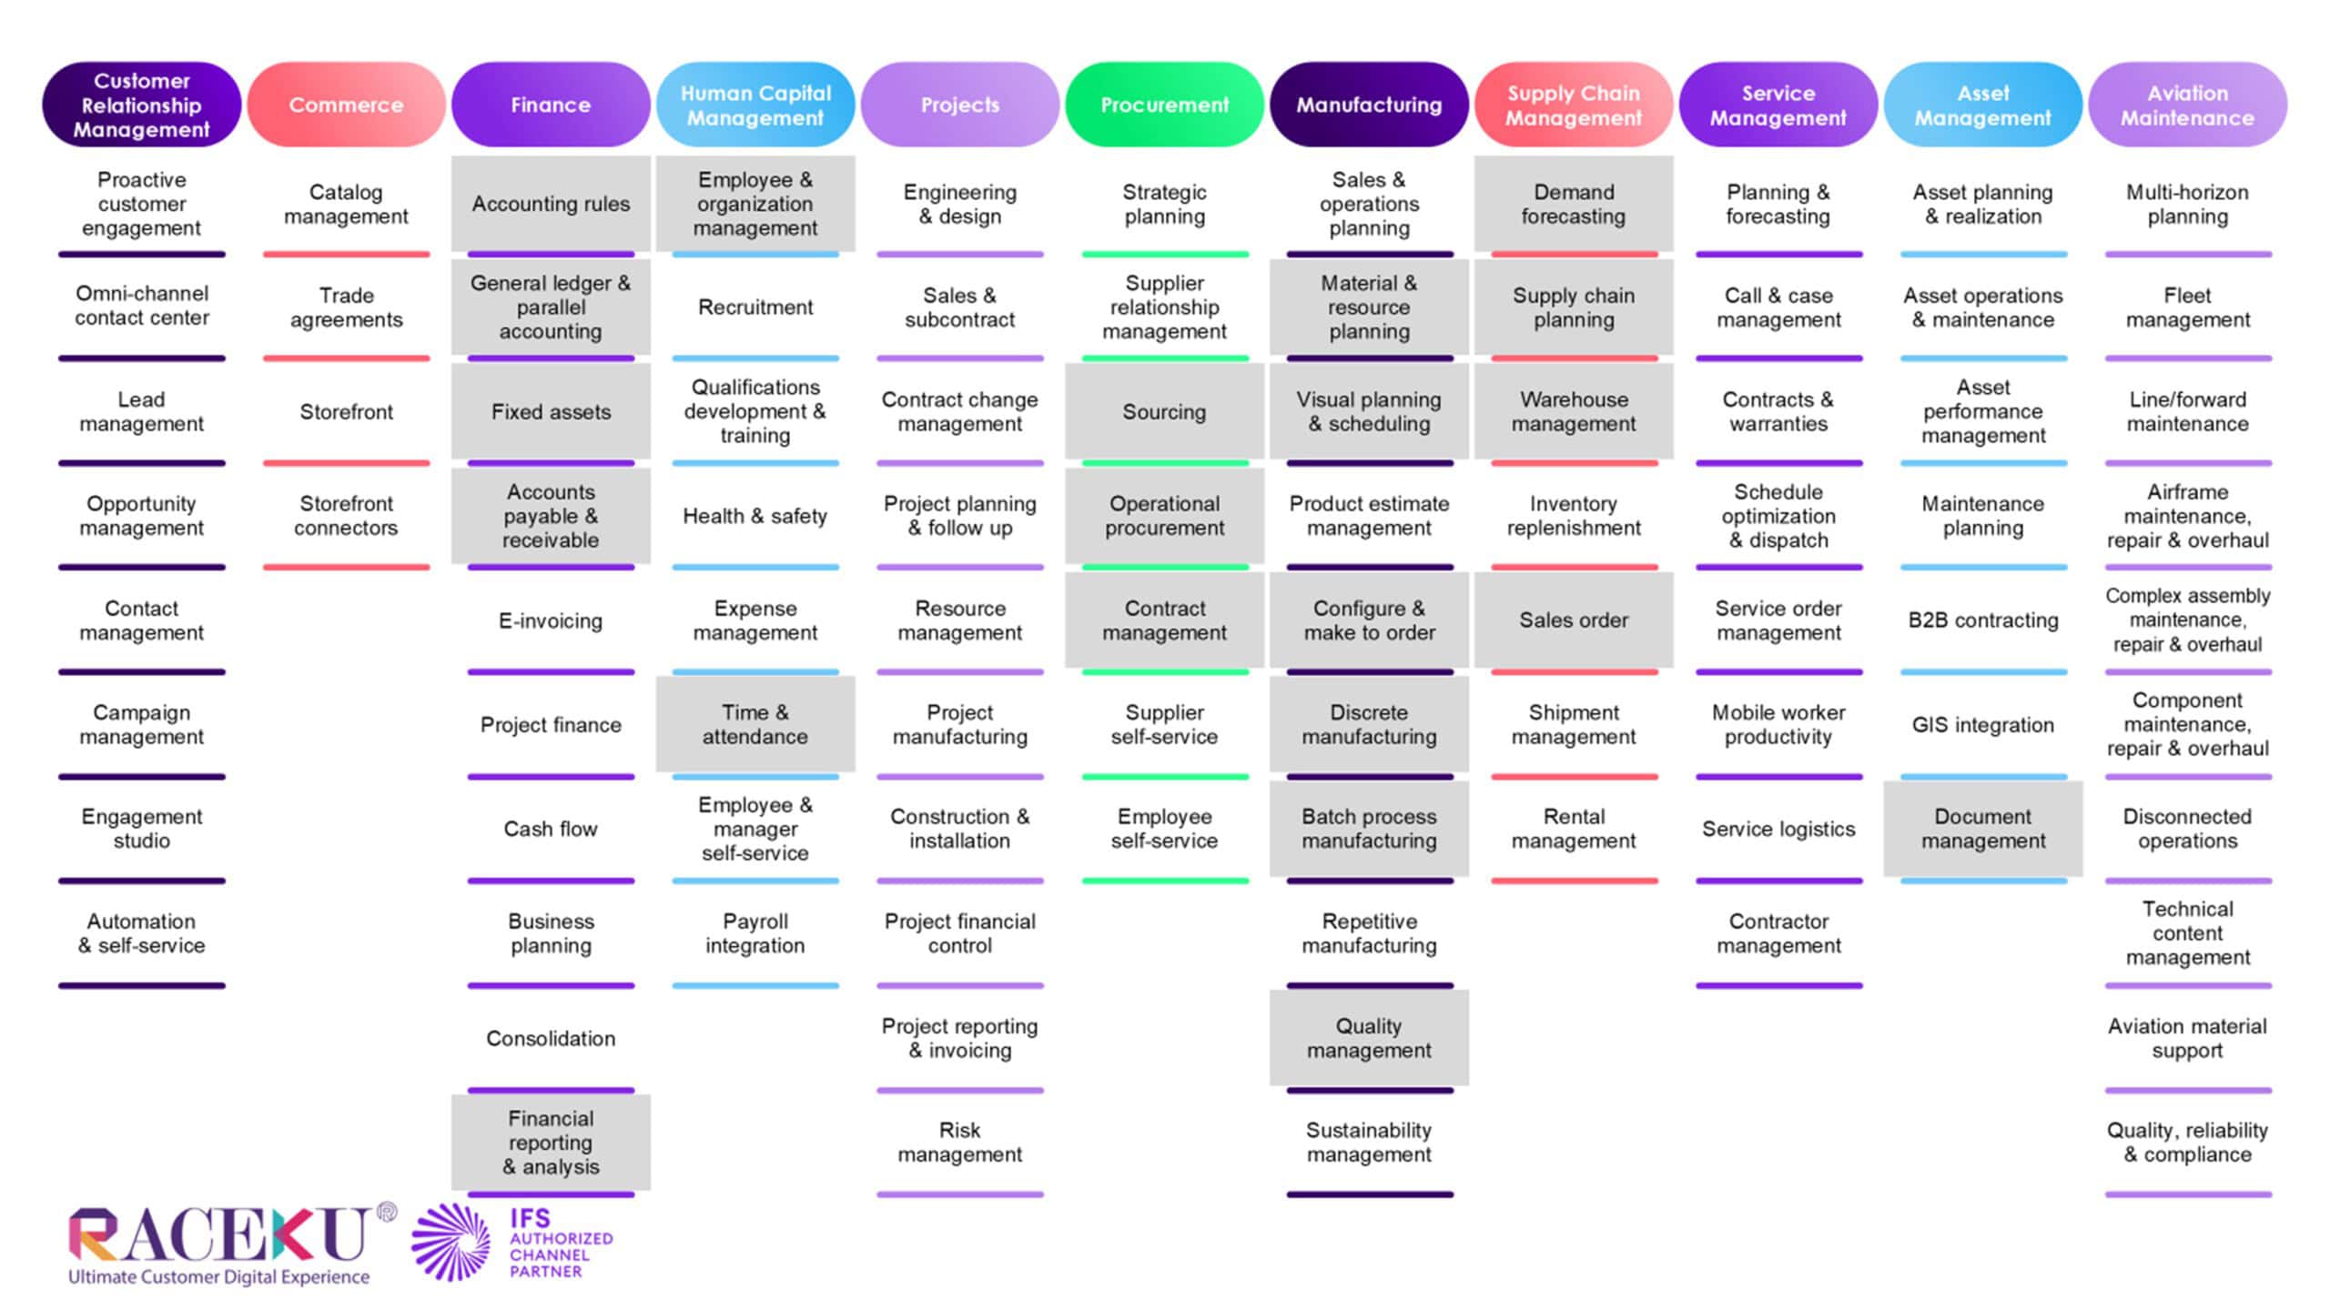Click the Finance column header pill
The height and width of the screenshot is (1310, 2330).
(x=551, y=105)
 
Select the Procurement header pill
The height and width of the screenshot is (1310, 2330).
(x=1164, y=105)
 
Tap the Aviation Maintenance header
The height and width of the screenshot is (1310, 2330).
(x=2187, y=105)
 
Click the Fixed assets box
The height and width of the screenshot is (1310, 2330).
(x=551, y=412)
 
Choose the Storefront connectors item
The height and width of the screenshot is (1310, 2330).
(x=346, y=516)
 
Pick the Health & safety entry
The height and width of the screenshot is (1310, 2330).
(x=755, y=516)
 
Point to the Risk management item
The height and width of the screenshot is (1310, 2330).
(x=960, y=1142)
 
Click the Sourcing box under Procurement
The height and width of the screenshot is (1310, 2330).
(x=1164, y=412)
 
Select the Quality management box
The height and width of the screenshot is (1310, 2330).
(x=1369, y=1038)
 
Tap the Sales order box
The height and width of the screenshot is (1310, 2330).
(x=1574, y=620)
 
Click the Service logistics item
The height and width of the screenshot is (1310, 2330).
(x=1778, y=829)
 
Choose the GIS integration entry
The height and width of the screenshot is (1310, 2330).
(x=1983, y=725)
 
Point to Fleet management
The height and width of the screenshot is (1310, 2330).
(x=2187, y=307)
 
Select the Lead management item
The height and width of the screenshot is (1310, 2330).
(x=141, y=412)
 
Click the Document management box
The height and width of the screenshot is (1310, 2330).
(x=1983, y=829)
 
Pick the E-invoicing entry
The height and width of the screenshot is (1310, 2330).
(x=551, y=620)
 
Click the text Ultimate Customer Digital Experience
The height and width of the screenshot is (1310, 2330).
(x=219, y=1277)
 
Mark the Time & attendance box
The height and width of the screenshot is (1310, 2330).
(x=755, y=725)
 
